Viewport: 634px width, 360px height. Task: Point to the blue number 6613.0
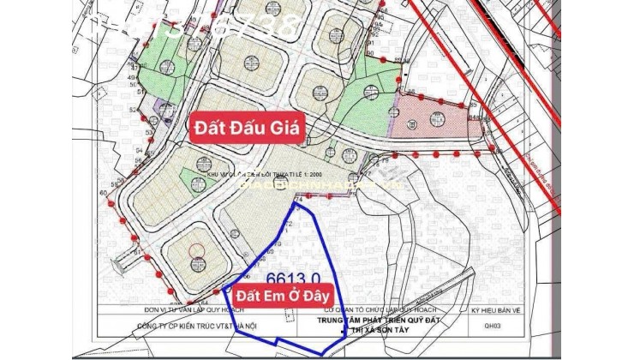coord(293,278)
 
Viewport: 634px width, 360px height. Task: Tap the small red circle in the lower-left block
coord(196,250)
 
